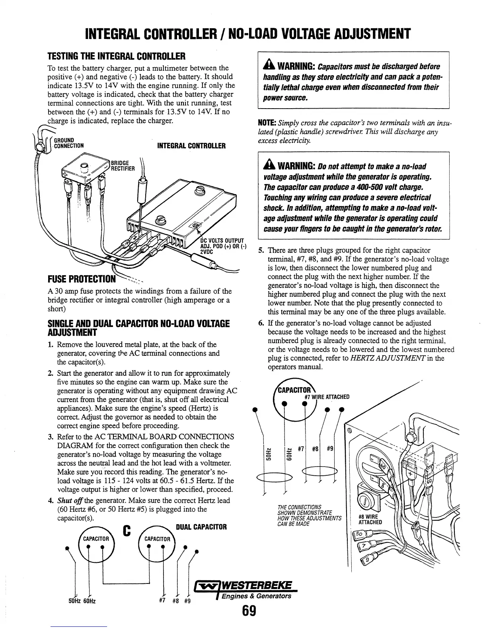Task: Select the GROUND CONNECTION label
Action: click(x=68, y=142)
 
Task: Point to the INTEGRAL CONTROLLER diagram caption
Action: click(x=191, y=146)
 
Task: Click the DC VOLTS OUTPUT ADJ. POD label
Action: click(x=222, y=246)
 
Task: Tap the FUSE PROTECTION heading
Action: click(x=81, y=278)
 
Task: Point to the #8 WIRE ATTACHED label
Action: click(x=370, y=519)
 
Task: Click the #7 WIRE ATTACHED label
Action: click(x=327, y=397)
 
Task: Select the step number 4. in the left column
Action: click(x=51, y=500)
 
